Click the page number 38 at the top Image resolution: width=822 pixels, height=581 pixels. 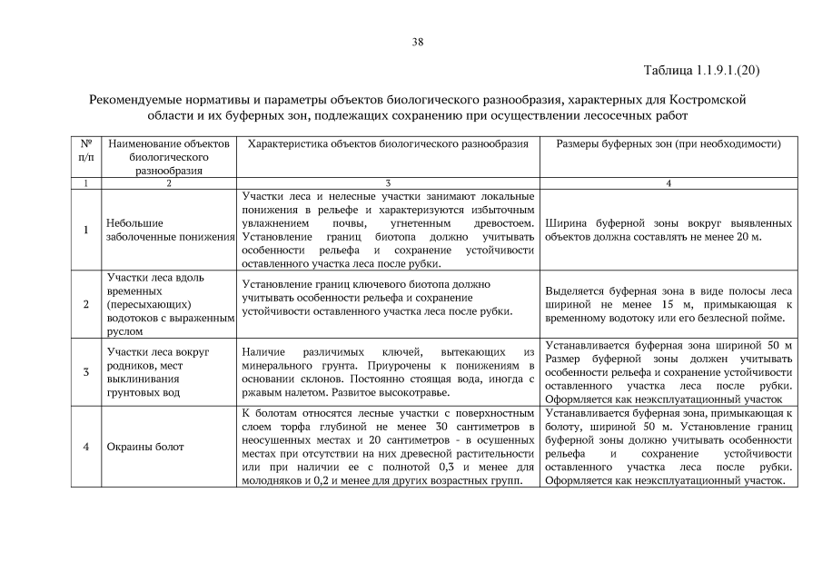417,42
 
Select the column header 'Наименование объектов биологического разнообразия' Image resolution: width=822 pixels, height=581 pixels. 168,156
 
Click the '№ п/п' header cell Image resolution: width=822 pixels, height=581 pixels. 85,150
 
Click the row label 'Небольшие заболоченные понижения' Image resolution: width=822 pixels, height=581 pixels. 168,229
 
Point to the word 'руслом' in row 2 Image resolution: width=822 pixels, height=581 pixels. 124,331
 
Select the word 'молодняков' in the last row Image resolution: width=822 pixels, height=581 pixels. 272,480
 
